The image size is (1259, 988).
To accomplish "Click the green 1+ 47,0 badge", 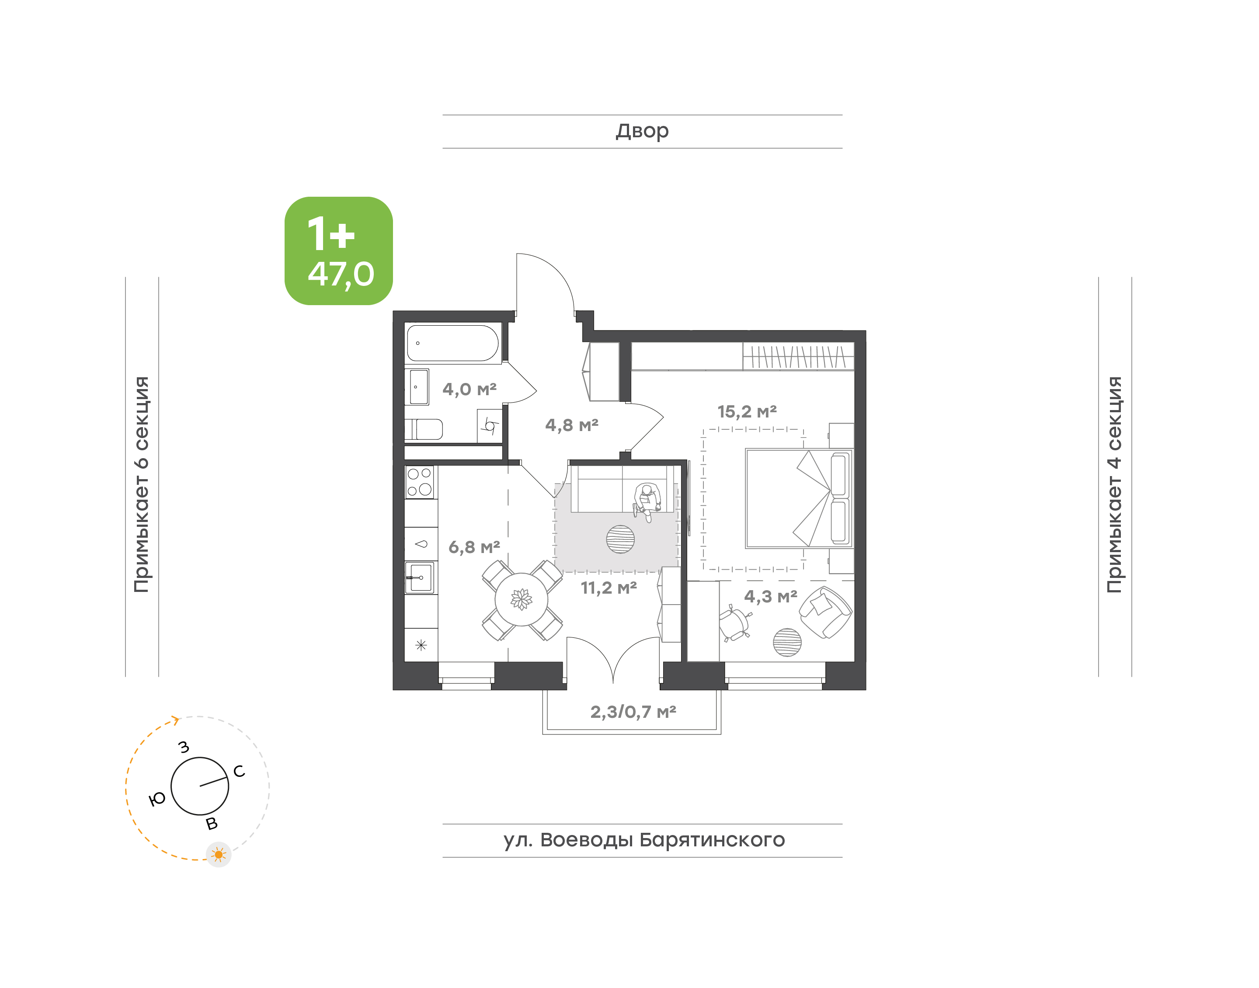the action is pyautogui.click(x=338, y=250).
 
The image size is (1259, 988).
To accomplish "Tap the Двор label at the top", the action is pyautogui.click(x=642, y=131).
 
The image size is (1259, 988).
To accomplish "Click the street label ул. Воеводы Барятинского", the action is pyautogui.click(x=643, y=839).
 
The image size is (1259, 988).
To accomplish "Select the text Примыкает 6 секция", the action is pyautogui.click(x=142, y=484).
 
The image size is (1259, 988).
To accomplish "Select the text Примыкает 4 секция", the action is pyautogui.click(x=1114, y=484).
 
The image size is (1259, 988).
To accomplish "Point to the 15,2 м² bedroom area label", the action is pyautogui.click(x=747, y=411).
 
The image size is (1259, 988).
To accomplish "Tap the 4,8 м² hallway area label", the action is pyautogui.click(x=571, y=425).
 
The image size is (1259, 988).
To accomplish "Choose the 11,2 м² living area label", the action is pyautogui.click(x=609, y=588).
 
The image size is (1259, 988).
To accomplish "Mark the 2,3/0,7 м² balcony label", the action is pyautogui.click(x=633, y=712).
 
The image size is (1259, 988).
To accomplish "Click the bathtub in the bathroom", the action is pyautogui.click(x=452, y=343).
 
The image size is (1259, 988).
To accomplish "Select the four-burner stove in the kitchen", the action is pyautogui.click(x=420, y=483).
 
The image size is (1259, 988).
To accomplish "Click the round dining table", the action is pyautogui.click(x=521, y=599).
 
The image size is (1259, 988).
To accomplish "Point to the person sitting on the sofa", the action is pyautogui.click(x=647, y=501).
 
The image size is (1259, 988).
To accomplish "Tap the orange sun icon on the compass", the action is pyautogui.click(x=219, y=854).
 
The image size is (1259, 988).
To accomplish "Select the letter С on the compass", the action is pyautogui.click(x=239, y=771).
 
